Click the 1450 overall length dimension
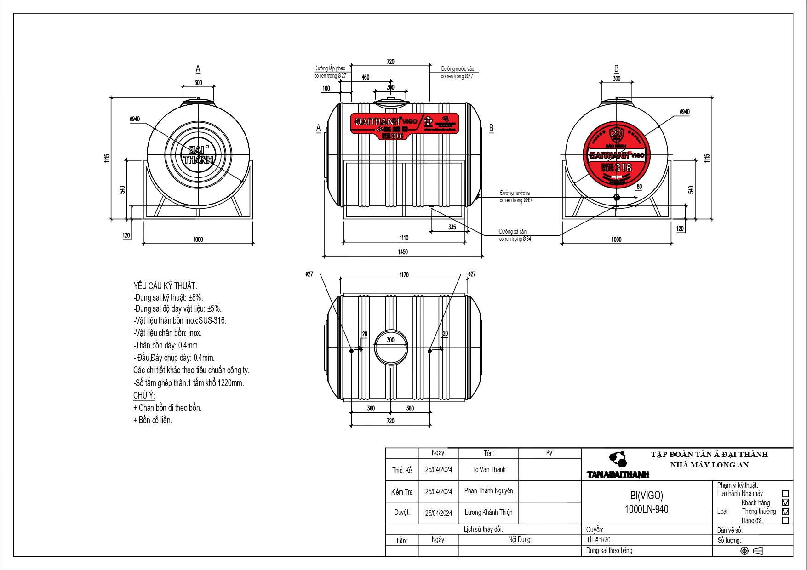(x=403, y=252)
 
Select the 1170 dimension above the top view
(x=404, y=275)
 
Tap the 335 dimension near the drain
(x=452, y=227)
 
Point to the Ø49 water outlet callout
(x=515, y=197)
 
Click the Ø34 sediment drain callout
(x=515, y=235)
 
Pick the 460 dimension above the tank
(x=366, y=77)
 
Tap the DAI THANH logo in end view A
(x=198, y=155)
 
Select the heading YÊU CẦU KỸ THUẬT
(x=165, y=286)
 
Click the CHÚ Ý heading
(x=144, y=395)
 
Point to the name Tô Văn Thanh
(x=488, y=469)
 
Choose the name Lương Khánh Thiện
(x=488, y=512)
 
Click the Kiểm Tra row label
(x=402, y=492)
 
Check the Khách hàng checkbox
(x=785, y=502)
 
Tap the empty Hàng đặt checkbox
(x=785, y=520)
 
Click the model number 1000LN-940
(x=646, y=509)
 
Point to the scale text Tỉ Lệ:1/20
(x=599, y=540)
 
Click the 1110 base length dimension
(x=404, y=238)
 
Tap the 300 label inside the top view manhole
(x=390, y=340)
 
